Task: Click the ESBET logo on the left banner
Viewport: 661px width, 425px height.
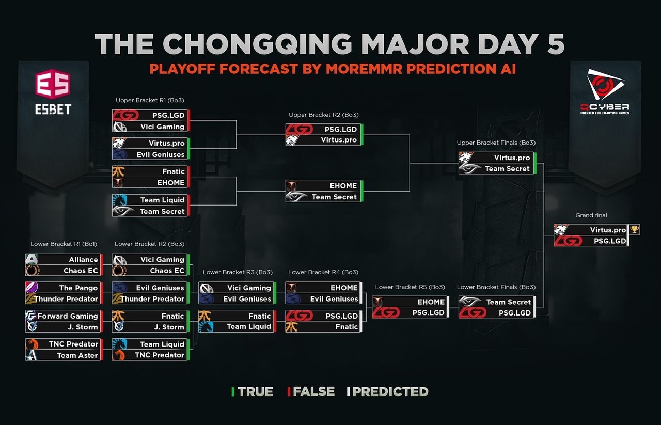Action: tap(53, 92)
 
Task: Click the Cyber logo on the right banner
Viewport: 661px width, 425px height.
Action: tap(605, 91)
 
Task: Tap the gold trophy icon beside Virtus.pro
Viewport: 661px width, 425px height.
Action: tap(635, 229)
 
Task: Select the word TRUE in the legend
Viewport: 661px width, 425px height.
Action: tap(255, 391)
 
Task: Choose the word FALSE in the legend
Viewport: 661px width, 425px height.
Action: tap(313, 391)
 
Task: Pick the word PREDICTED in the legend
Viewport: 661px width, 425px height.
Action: tap(390, 391)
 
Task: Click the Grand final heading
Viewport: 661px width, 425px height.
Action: tap(591, 215)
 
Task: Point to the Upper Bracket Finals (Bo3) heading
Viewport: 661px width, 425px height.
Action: tap(496, 143)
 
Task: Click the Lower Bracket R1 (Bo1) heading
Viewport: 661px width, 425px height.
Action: tap(64, 244)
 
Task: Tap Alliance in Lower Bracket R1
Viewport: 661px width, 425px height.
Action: tap(83, 260)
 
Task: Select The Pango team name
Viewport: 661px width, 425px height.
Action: tap(78, 288)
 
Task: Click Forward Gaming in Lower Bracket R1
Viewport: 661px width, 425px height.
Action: tap(68, 316)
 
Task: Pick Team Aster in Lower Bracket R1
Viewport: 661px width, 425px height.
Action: tap(77, 355)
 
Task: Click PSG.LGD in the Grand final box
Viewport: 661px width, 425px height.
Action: tap(610, 241)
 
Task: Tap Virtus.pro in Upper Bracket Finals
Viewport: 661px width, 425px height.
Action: tap(512, 158)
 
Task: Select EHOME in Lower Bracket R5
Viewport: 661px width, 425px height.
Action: tap(431, 302)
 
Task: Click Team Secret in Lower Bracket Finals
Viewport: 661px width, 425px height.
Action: tap(509, 302)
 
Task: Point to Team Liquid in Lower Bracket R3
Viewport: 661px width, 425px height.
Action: tap(249, 326)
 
